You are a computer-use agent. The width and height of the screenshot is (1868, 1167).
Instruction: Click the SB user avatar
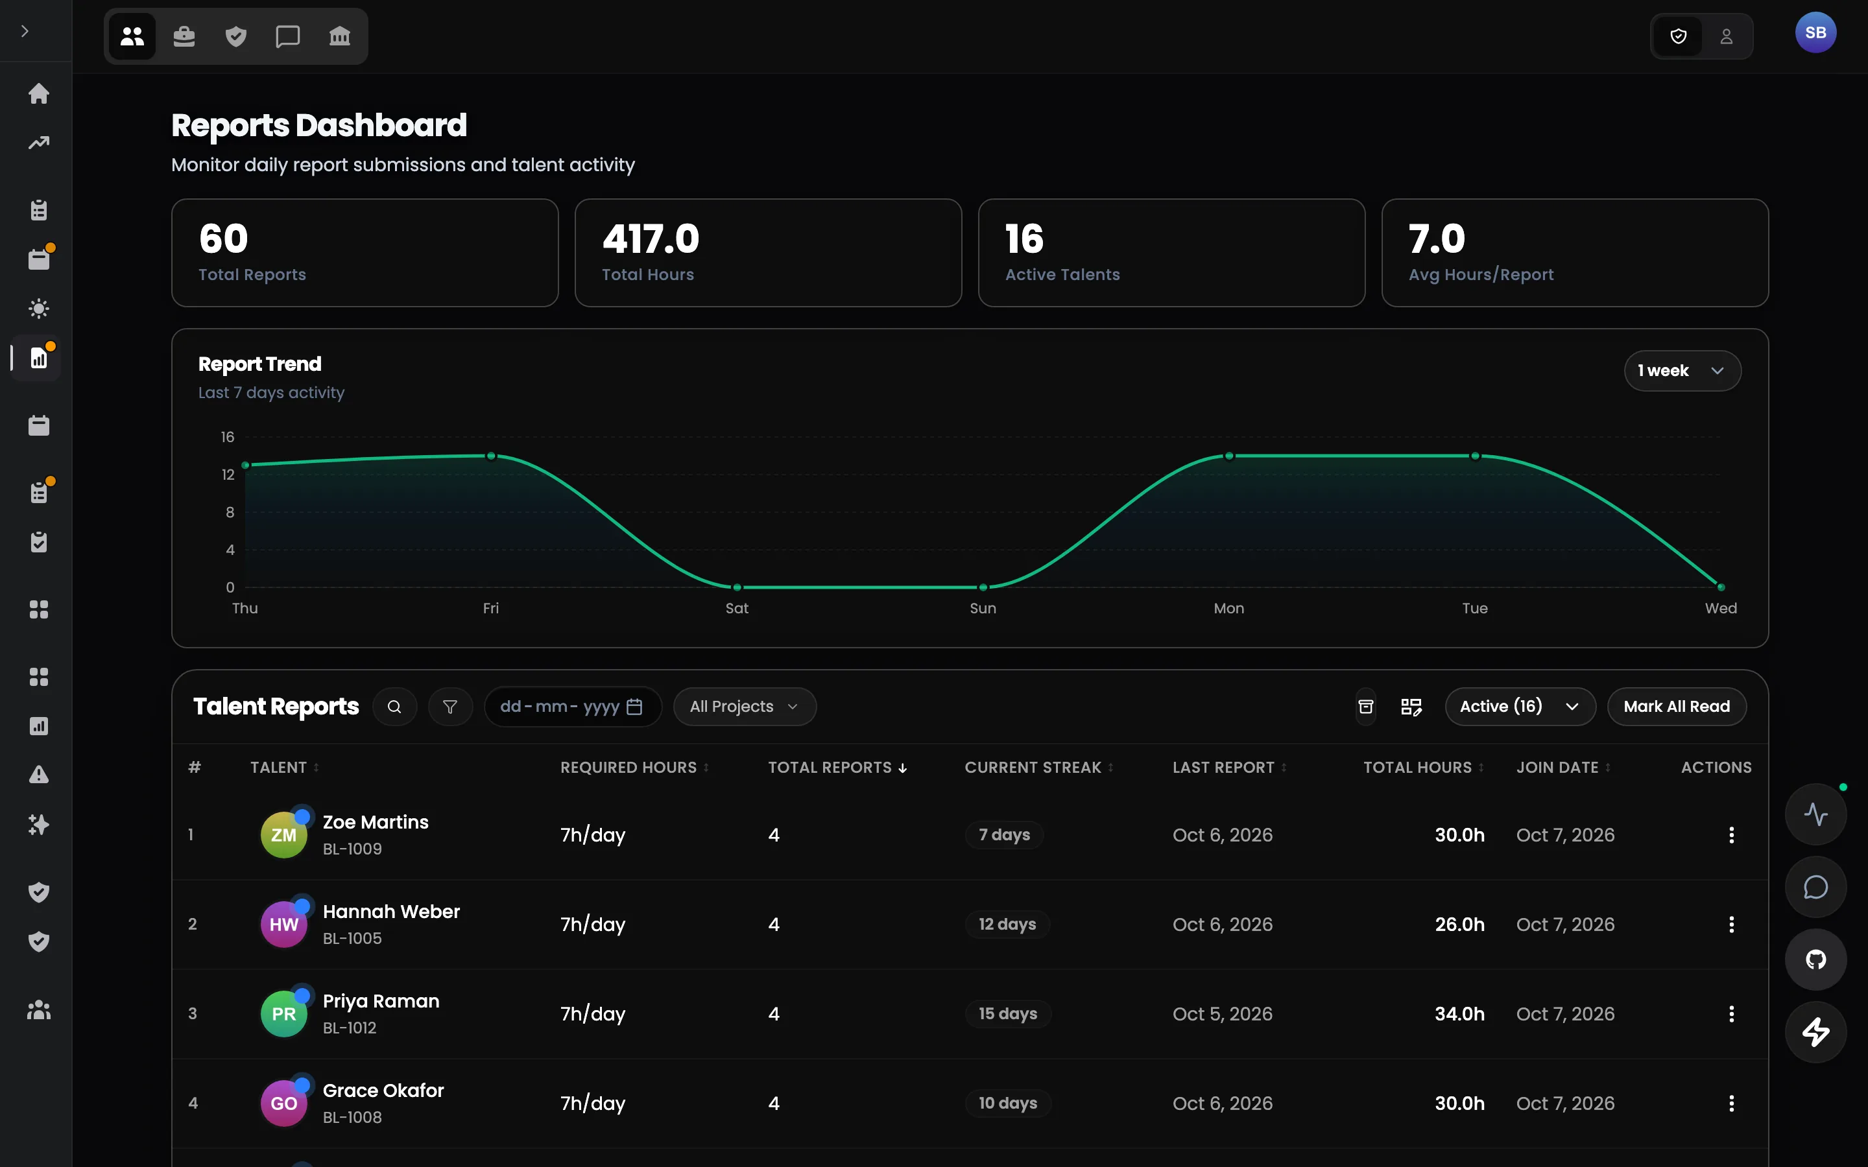point(1815,32)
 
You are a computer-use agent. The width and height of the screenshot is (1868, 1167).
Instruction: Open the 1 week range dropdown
point(1682,370)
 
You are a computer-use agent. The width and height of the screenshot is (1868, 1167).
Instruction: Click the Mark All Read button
point(1677,706)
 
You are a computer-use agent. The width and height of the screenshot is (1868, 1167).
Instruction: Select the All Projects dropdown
point(744,706)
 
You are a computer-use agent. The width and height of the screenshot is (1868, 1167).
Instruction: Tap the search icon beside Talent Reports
point(394,706)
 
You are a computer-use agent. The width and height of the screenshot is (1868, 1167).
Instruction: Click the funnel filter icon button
point(450,706)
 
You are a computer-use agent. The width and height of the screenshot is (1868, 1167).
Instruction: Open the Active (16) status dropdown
point(1520,706)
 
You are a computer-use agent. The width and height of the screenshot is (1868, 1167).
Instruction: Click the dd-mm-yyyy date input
point(572,706)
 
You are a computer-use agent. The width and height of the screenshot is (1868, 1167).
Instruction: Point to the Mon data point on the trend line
point(1229,456)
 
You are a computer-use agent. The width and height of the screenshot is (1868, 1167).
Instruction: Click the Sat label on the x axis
point(736,608)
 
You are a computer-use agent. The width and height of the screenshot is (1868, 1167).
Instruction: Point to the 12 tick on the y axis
point(228,475)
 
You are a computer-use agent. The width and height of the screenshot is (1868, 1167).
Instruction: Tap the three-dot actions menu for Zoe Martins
point(1731,834)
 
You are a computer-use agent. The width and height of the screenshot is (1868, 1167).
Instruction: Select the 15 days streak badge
point(1007,1013)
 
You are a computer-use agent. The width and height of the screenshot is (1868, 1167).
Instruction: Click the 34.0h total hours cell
point(1459,1013)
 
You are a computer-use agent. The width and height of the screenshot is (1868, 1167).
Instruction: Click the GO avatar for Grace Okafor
point(284,1103)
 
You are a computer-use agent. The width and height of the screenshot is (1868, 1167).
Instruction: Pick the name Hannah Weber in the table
point(390,912)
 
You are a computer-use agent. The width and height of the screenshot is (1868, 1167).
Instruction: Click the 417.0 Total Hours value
point(651,239)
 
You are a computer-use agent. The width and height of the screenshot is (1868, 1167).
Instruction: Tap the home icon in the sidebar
point(39,93)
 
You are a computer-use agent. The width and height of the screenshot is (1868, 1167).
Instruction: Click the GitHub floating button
point(1815,960)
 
